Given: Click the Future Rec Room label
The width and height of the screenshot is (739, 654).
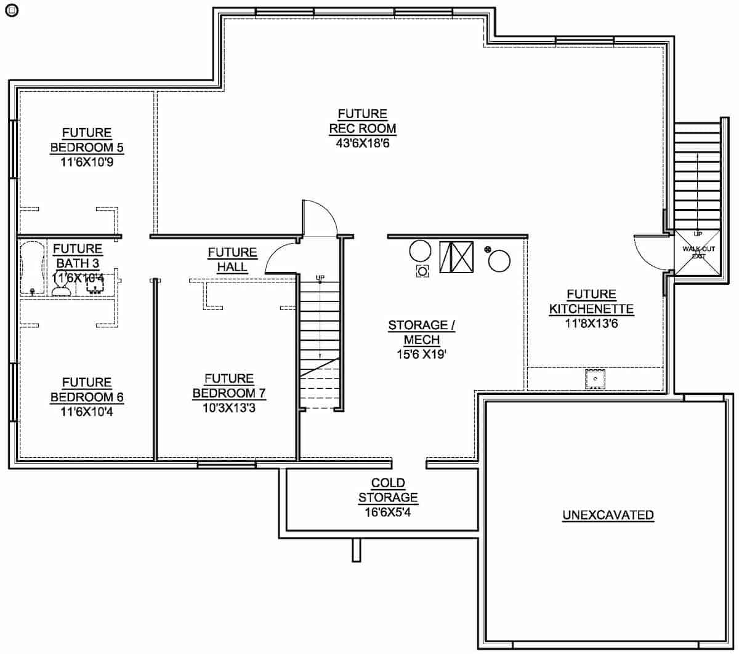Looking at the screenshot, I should point(362,121).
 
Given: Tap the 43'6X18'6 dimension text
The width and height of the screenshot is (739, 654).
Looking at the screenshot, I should point(362,143).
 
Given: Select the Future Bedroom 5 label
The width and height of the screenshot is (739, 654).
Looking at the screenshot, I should point(87,140).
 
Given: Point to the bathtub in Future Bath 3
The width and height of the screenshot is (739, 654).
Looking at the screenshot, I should point(31,268).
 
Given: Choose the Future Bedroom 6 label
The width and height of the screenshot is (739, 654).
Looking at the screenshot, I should point(87,389).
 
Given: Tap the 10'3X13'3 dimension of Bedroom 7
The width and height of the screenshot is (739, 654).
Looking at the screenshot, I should point(229,407).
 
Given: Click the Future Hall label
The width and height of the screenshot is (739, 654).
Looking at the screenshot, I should point(232,260).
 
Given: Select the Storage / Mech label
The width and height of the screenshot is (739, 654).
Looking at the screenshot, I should point(421,332).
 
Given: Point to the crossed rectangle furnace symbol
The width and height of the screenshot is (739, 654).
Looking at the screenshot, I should point(456,257).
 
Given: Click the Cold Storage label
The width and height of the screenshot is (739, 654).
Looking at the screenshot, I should point(388,490).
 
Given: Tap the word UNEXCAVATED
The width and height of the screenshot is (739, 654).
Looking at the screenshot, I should point(608,515).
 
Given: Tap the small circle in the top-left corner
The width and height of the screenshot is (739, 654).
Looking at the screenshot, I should point(11,10).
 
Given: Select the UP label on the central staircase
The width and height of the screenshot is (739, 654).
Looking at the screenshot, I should point(320,278).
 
